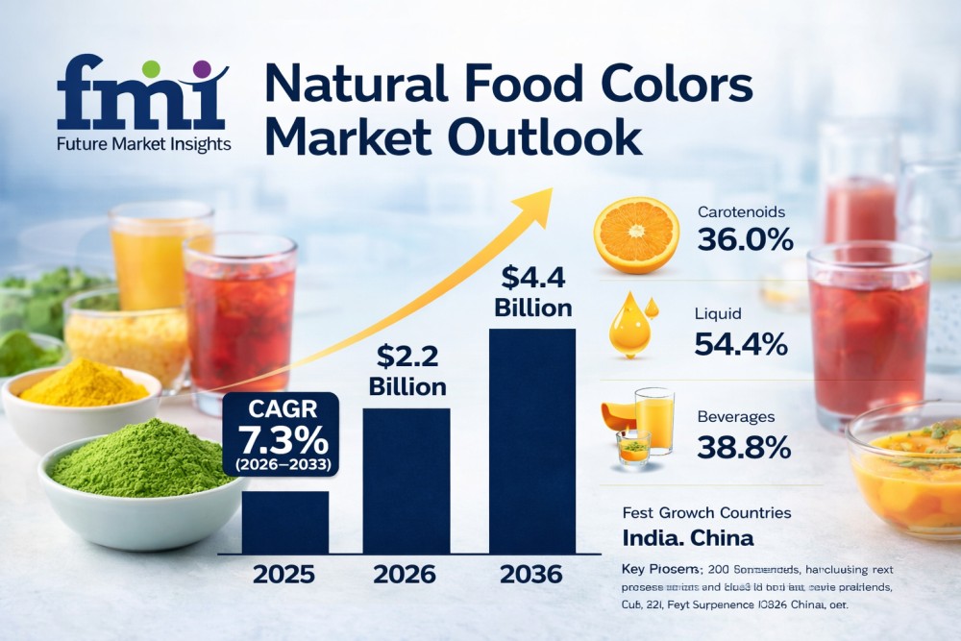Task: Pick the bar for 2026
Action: (407, 481)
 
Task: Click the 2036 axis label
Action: (530, 575)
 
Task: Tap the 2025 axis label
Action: (283, 575)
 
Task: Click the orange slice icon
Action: (635, 235)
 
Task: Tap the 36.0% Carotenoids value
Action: (745, 239)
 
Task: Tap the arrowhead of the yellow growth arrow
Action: (537, 203)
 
